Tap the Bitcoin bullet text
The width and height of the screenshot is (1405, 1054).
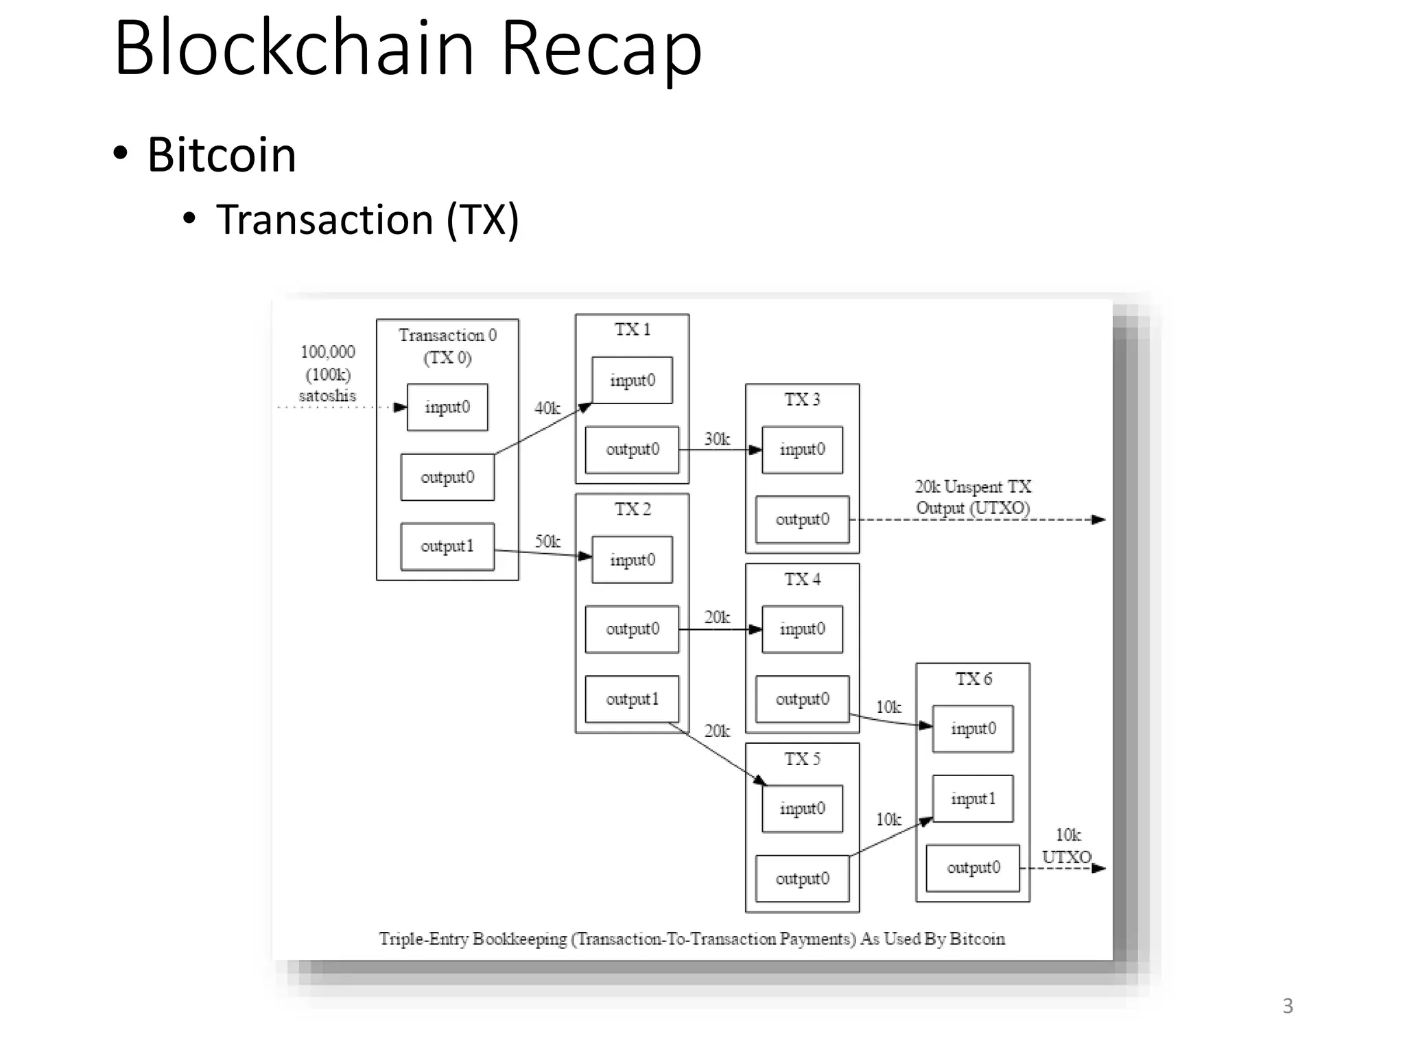[x=221, y=155]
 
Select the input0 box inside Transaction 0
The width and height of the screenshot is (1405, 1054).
[x=447, y=407]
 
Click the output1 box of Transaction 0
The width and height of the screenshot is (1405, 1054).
[x=447, y=546]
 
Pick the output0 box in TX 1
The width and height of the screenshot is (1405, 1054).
[x=632, y=449]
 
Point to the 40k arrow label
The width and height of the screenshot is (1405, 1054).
[x=547, y=408]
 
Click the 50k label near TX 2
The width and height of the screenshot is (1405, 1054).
[x=547, y=541]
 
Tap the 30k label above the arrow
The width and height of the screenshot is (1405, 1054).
[x=717, y=439]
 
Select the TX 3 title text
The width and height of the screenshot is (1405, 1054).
[x=802, y=399]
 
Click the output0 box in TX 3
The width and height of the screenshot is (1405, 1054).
[x=802, y=519]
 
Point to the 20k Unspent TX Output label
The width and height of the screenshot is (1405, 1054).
[x=972, y=497]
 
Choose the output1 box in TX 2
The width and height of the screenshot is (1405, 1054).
[x=632, y=699]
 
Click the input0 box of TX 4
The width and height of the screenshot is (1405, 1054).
[x=802, y=629]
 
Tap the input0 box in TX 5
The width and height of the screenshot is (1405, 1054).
[x=802, y=808]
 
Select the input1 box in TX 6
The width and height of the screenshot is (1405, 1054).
[x=972, y=799]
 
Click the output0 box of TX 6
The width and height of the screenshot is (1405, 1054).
[x=973, y=868]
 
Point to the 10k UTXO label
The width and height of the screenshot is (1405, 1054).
[x=1067, y=846]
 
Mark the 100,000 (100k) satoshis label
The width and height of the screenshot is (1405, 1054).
[x=328, y=373]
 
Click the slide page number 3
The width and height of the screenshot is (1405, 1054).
[x=1288, y=1006]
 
